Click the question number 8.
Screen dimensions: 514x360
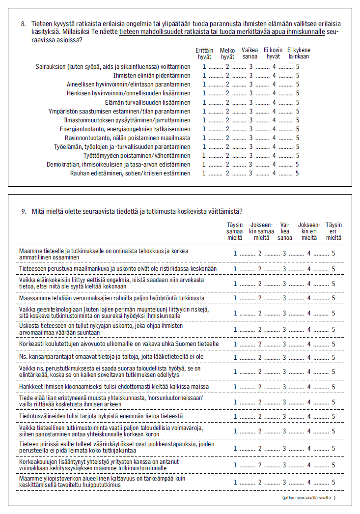pyautogui.click(x=23, y=23)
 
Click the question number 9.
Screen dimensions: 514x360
pyautogui.click(x=23, y=212)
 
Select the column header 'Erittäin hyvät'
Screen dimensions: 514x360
pyautogui.click(x=204, y=53)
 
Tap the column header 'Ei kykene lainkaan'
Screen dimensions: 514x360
pyautogui.click(x=299, y=53)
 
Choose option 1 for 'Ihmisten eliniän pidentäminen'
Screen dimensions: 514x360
pyautogui.click(x=204, y=76)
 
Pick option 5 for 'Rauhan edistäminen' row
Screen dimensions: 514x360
pyautogui.click(x=298, y=173)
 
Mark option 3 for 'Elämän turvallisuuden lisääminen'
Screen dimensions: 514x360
pyautogui.click(x=250, y=102)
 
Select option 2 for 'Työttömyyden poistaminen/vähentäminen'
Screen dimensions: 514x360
pyautogui.click(x=227, y=156)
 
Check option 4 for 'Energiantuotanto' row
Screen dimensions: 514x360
pyautogui.click(x=274, y=129)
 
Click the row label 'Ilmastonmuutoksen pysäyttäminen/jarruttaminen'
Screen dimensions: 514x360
pyautogui.click(x=127, y=120)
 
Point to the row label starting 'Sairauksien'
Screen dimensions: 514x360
pyautogui.click(x=113, y=67)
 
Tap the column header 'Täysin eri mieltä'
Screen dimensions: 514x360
pyautogui.click(x=333, y=231)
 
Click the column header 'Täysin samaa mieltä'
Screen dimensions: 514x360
pyautogui.click(x=235, y=231)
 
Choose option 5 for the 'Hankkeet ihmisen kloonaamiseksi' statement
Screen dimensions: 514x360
pyautogui.click(x=333, y=387)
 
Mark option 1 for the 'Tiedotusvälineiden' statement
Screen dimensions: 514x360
pyautogui.click(x=235, y=416)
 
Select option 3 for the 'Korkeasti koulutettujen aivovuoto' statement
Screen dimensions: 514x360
pyautogui.click(x=284, y=344)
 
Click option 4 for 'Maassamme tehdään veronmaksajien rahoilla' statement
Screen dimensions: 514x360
pyautogui.click(x=309, y=298)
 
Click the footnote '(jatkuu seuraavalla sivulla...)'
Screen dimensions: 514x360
pyautogui.click(x=308, y=498)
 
